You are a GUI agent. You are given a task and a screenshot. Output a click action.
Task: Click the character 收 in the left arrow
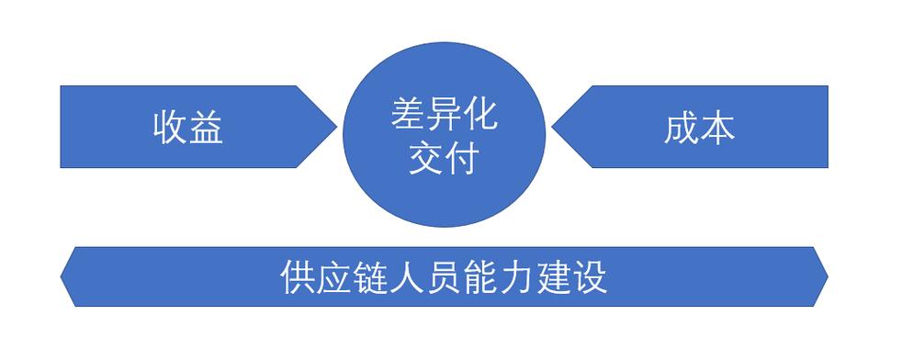click(x=170, y=129)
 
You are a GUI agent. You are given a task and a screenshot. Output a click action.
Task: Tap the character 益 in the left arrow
click(x=207, y=129)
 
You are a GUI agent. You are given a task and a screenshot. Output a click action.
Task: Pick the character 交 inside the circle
click(x=425, y=161)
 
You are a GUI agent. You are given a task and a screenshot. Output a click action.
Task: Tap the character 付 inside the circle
click(x=462, y=161)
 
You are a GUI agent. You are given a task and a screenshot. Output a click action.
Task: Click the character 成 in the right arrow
click(x=681, y=129)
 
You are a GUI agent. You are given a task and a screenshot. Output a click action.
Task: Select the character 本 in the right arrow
click(x=717, y=129)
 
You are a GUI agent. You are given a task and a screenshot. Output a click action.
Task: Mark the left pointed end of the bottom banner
click(x=62, y=276)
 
